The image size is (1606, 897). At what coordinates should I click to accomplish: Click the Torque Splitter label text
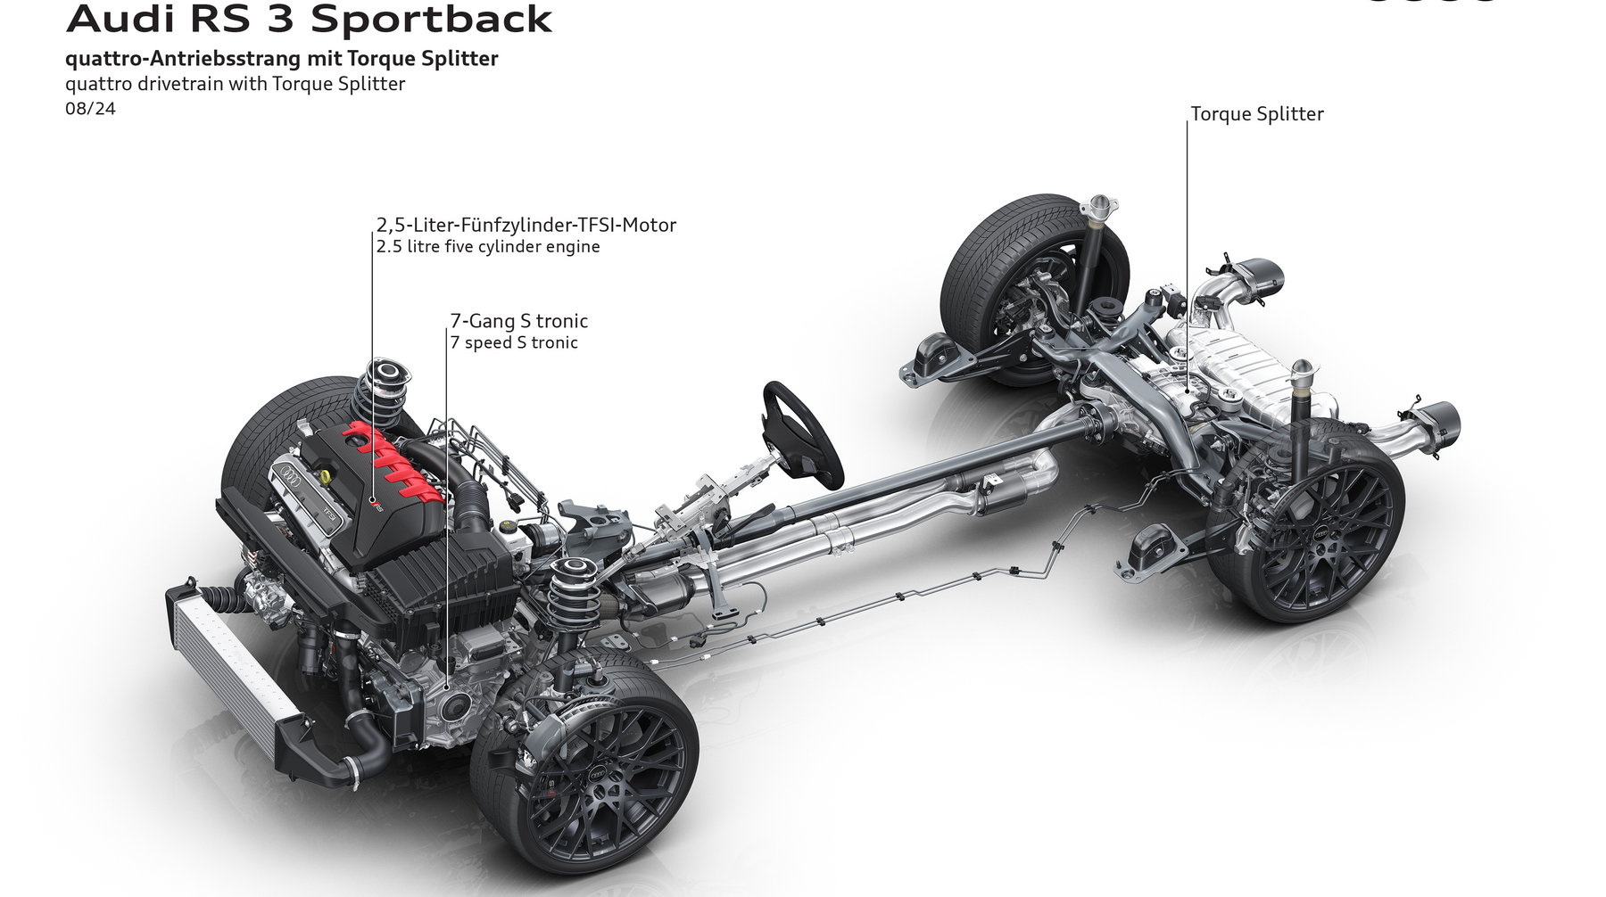point(1257,114)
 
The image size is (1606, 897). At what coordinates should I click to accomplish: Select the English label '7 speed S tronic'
point(514,342)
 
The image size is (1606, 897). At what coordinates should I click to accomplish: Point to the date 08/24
point(90,109)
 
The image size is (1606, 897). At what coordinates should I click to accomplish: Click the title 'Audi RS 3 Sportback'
point(309,19)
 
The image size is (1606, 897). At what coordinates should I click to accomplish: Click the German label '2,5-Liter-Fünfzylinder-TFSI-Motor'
point(526,225)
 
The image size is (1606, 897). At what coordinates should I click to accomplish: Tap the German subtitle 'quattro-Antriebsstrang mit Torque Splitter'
point(281,59)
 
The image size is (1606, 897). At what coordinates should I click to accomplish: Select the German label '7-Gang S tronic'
point(519,320)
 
